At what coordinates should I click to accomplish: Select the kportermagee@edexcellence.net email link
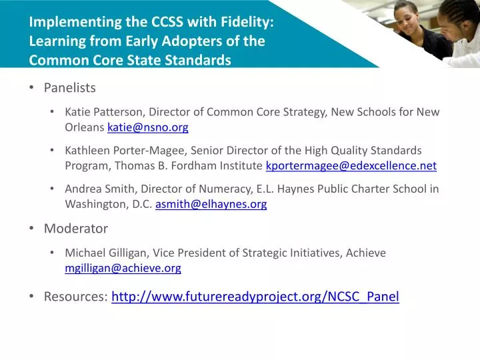351,166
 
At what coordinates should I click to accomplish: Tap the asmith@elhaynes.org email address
211,205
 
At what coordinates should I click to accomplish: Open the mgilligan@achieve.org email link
123,268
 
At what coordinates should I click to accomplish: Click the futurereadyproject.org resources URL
255,297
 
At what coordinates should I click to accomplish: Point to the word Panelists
70,88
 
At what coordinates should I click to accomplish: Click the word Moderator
76,229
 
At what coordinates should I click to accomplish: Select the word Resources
75,297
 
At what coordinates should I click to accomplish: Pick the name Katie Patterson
105,112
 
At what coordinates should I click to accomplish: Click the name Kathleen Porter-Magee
124,151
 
